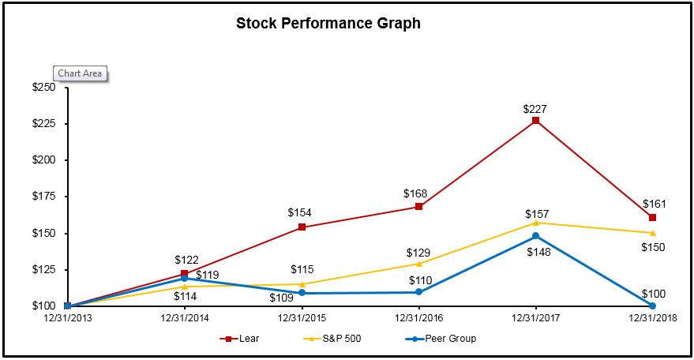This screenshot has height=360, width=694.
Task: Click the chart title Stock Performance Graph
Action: (x=328, y=24)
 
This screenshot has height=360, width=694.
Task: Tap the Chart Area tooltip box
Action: (x=79, y=73)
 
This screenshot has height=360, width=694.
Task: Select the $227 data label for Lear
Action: (x=535, y=110)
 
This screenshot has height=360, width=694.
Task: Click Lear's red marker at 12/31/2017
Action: (x=535, y=121)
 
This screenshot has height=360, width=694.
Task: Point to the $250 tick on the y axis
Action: (x=43, y=88)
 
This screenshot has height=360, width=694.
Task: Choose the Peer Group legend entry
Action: (x=441, y=339)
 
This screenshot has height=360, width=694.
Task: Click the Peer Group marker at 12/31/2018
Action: (x=652, y=306)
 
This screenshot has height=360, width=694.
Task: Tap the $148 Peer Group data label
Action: (x=535, y=252)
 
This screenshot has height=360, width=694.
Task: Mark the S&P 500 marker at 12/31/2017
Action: (x=535, y=223)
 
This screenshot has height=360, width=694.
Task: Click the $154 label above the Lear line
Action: (x=302, y=212)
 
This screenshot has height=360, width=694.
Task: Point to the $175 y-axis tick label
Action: (x=43, y=197)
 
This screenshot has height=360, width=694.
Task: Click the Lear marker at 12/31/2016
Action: (x=418, y=207)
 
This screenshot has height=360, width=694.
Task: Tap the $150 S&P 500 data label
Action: (x=652, y=247)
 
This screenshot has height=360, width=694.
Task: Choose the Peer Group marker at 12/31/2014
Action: (x=185, y=278)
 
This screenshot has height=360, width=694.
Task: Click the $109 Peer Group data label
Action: (x=281, y=298)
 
